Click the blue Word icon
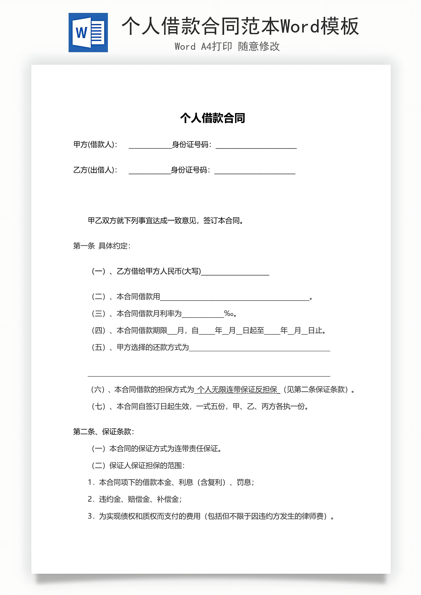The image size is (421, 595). (x=88, y=33)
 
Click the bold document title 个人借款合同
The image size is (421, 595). (x=212, y=118)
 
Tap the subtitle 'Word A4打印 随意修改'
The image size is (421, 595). (x=227, y=47)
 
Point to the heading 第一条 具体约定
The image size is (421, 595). (x=102, y=246)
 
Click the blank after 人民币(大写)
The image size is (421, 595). (x=235, y=273)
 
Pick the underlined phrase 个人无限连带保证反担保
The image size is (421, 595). (x=237, y=390)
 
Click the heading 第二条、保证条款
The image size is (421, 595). (x=103, y=431)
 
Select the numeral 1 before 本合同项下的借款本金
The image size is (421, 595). (x=90, y=482)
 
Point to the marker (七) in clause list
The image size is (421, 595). (x=98, y=406)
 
